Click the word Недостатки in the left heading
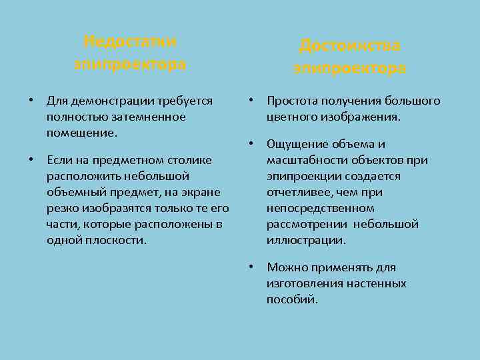pyautogui.click(x=130, y=41)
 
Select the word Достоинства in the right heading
pyautogui.click(x=349, y=45)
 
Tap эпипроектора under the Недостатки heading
pyautogui.click(x=130, y=65)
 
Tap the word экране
pyautogui.click(x=211, y=192)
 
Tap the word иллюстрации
pyautogui.click(x=306, y=240)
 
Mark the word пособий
pyautogui.click(x=291, y=299)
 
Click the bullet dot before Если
pyautogui.click(x=31, y=160)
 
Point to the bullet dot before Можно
pyautogui.click(x=251, y=267)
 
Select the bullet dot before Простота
pyautogui.click(x=251, y=101)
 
